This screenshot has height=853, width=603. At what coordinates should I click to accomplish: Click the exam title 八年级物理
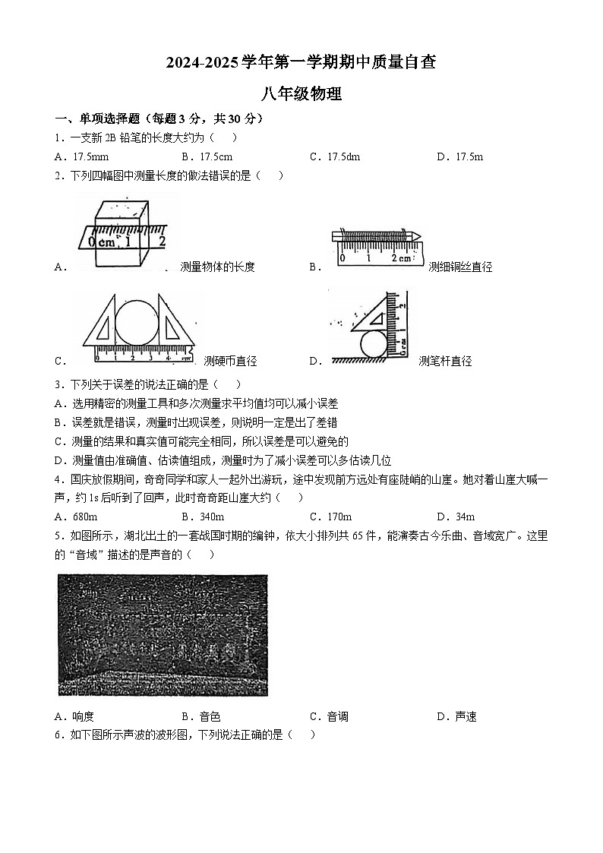[x=301, y=94]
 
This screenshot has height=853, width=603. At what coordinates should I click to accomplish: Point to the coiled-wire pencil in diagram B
[x=376, y=236]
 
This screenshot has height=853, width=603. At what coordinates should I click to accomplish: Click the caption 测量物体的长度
[x=217, y=267]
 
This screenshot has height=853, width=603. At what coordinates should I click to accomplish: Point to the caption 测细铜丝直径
[x=460, y=267]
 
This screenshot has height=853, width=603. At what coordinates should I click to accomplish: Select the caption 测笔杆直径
[x=445, y=361]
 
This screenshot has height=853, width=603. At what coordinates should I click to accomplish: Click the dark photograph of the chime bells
[x=163, y=635]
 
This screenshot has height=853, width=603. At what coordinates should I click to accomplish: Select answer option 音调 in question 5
[x=337, y=716]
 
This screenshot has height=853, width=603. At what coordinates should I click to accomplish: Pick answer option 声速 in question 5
[x=465, y=716]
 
